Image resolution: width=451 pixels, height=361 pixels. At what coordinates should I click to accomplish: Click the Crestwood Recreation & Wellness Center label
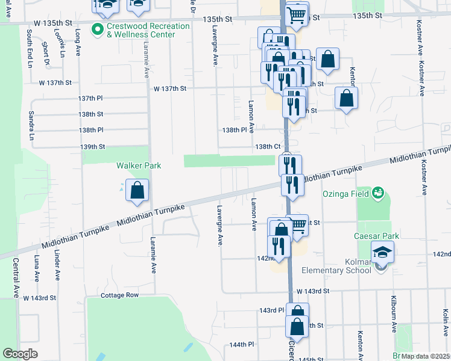point(141,30)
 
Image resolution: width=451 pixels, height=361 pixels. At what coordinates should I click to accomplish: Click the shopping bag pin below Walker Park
point(137,191)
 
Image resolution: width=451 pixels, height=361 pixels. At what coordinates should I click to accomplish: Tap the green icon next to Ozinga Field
point(378,193)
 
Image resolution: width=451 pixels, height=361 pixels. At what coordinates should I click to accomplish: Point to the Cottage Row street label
point(119,295)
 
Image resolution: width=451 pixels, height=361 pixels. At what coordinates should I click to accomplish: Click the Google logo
point(20,354)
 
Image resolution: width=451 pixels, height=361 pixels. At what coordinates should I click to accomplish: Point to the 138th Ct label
point(268,146)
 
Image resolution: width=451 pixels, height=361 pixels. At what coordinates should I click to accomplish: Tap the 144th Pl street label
point(241,345)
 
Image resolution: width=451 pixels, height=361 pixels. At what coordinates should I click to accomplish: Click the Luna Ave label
point(37,268)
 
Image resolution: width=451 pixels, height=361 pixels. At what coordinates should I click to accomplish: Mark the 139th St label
point(93,146)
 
